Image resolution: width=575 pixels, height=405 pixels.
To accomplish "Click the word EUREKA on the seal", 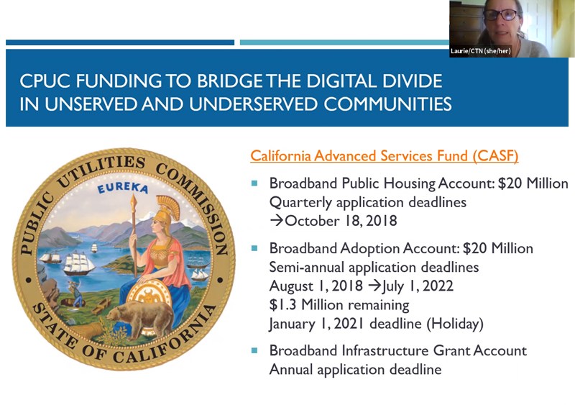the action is tap(122, 188).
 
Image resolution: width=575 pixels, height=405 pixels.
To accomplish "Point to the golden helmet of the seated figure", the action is tap(167, 209).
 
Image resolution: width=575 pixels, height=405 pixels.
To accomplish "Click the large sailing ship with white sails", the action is tap(78, 263).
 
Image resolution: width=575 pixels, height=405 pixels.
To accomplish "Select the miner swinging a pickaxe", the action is tap(76, 293).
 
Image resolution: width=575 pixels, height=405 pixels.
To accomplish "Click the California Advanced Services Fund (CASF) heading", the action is tap(385, 155).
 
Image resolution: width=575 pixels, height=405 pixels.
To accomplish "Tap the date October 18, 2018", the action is tap(341, 221).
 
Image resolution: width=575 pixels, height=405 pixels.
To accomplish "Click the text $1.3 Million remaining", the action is tap(339, 304).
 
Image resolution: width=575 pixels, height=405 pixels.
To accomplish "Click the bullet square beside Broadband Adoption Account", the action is tap(254, 249).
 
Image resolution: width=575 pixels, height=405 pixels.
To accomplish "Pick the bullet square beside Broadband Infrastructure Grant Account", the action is tap(254, 350).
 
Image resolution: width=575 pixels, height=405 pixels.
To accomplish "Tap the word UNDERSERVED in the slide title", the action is tap(254, 104).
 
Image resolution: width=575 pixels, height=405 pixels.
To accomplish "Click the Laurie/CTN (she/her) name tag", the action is tap(480, 51).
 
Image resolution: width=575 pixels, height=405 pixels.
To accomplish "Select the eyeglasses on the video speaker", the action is tap(500, 14).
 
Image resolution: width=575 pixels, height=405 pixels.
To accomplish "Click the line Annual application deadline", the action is tap(355, 369).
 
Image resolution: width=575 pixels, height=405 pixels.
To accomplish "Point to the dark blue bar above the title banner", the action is tap(120, 42).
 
